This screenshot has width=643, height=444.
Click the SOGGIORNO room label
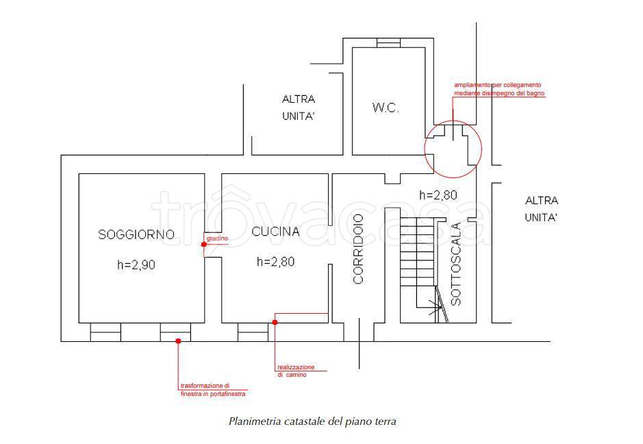point(136,234)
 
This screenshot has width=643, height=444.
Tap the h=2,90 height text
point(136,264)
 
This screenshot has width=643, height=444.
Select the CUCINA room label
point(275,232)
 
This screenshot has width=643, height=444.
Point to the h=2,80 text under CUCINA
point(275,261)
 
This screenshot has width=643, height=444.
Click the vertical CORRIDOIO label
point(358,249)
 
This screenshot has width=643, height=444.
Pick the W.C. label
point(386,108)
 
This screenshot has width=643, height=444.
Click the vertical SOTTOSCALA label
point(455,264)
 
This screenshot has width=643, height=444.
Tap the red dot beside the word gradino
point(204,245)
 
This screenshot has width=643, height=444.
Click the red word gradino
point(217,238)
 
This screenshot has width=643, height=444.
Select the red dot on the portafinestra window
point(178,341)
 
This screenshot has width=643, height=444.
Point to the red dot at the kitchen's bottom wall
point(275,322)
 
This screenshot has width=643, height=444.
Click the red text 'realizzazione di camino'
point(296,371)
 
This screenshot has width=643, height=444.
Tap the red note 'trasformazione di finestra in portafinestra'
point(213,390)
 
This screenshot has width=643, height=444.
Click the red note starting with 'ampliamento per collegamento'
point(499,89)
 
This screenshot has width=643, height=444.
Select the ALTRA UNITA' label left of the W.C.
point(299,108)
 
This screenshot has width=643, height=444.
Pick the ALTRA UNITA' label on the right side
point(542,209)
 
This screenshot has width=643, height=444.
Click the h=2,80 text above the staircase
point(438,195)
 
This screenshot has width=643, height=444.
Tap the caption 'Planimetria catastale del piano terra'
point(312,421)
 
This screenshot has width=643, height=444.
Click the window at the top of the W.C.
point(388,42)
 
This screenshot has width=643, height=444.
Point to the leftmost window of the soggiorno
point(105,332)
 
